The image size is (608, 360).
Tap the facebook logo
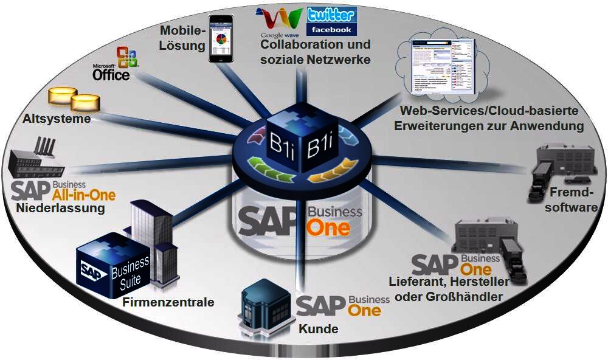pos(331,29)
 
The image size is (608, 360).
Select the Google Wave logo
pos(279,22)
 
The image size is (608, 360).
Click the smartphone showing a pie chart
pos(221,39)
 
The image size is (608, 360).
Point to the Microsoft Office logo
pos(116,64)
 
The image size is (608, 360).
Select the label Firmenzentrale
pos(168,302)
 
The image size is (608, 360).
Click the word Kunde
pos(318,330)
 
